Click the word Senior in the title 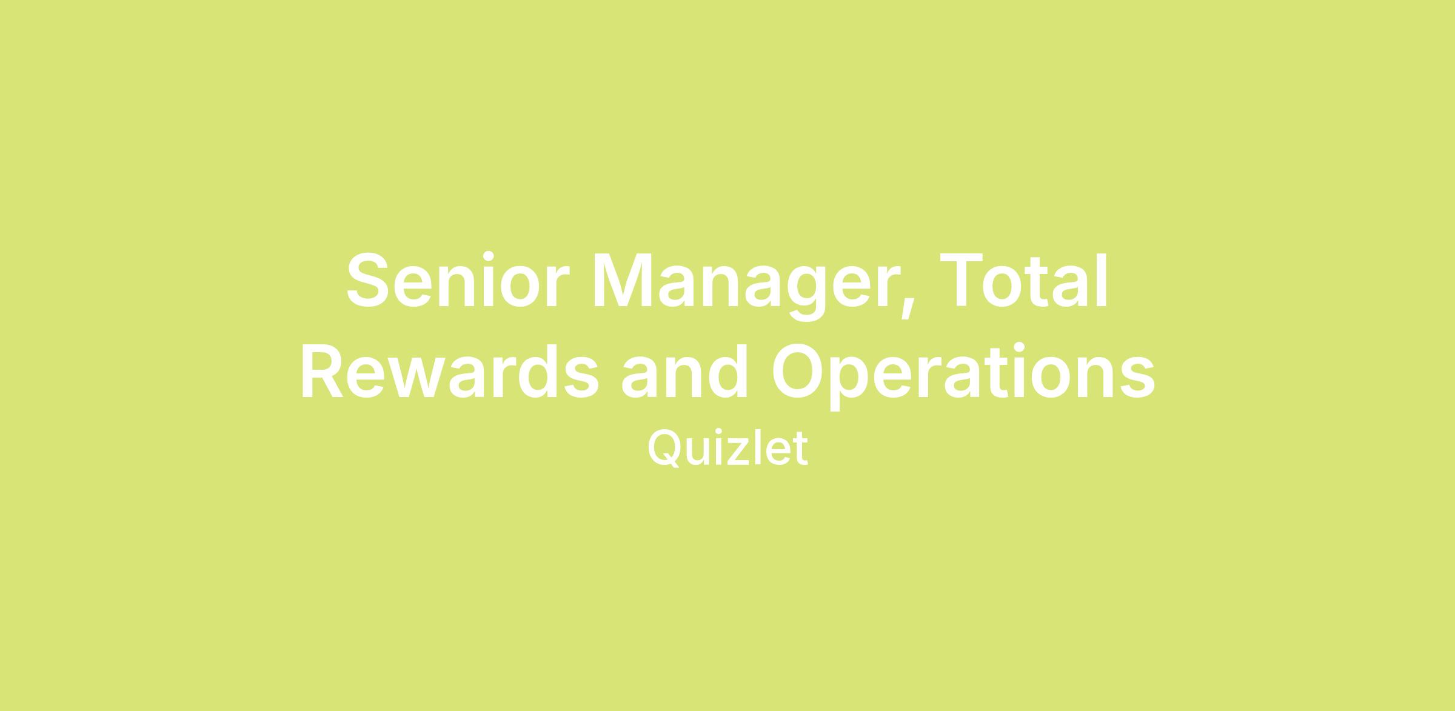(458, 281)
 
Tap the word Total (1024, 281)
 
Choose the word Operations (963, 376)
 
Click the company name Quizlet (727, 449)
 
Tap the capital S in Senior (367, 281)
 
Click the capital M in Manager (621, 281)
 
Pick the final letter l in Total (1103, 281)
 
